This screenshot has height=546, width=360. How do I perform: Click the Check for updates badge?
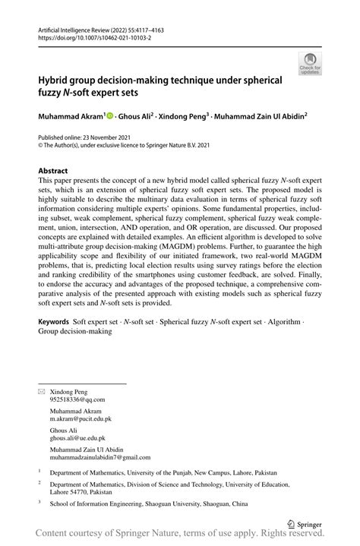[309, 65]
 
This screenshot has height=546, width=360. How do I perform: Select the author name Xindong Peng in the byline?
[183, 116]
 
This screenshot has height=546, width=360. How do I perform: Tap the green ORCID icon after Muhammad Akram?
[109, 116]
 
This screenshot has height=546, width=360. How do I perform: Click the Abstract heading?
[53, 171]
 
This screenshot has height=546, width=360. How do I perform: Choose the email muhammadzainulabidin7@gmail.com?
[100, 457]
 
